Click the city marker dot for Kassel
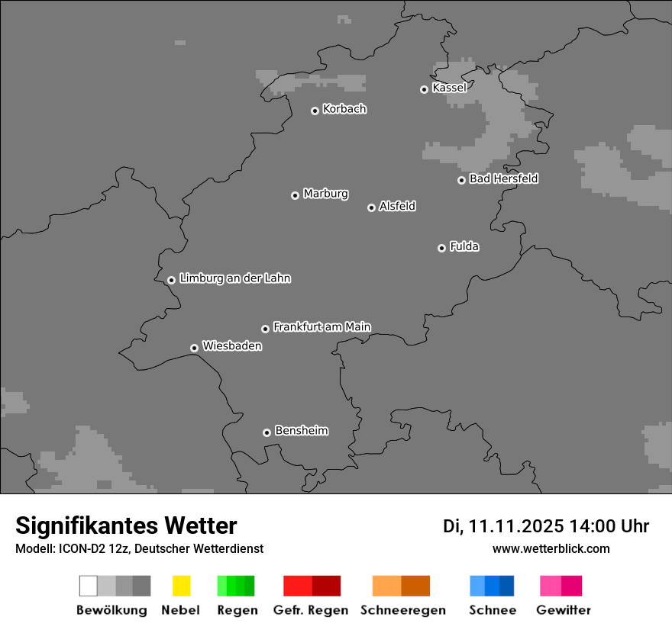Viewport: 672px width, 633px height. click(x=424, y=90)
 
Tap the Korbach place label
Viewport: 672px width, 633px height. click(x=344, y=109)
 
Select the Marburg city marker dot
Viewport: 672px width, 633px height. click(x=295, y=196)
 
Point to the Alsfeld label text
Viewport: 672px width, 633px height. click(x=397, y=207)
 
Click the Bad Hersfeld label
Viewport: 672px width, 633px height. click(x=503, y=179)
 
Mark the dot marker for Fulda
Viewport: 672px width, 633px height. click(x=441, y=248)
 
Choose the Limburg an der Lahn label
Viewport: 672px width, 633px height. click(x=234, y=278)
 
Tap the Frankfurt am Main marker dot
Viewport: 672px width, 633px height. click(x=265, y=329)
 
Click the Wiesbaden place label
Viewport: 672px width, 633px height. click(x=231, y=346)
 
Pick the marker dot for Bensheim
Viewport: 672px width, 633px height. click(x=267, y=432)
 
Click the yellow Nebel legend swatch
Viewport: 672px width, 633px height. click(x=181, y=586)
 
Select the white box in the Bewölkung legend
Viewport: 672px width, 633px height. click(x=88, y=586)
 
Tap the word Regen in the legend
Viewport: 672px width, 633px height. click(x=237, y=610)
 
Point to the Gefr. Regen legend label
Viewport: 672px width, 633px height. click(x=311, y=610)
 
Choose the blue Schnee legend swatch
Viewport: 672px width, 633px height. click(x=492, y=586)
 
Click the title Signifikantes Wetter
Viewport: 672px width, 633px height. click(x=126, y=525)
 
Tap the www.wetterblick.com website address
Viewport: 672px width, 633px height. click(x=551, y=548)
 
